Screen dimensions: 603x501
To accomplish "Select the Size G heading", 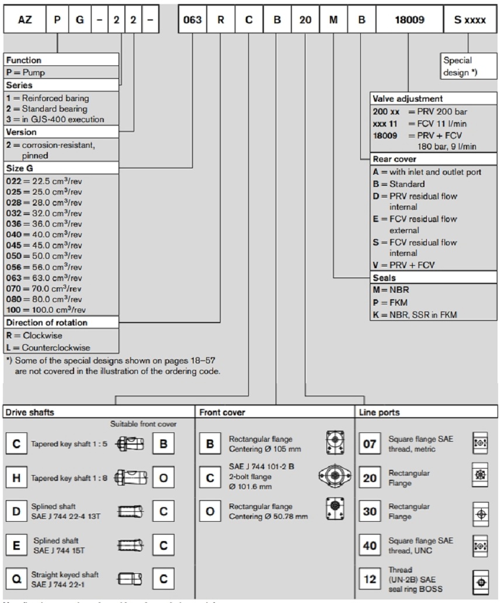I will pos(20,168).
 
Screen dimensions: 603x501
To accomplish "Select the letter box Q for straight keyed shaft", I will pos(16,580).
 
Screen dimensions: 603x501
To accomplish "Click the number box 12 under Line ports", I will pos(370,580).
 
